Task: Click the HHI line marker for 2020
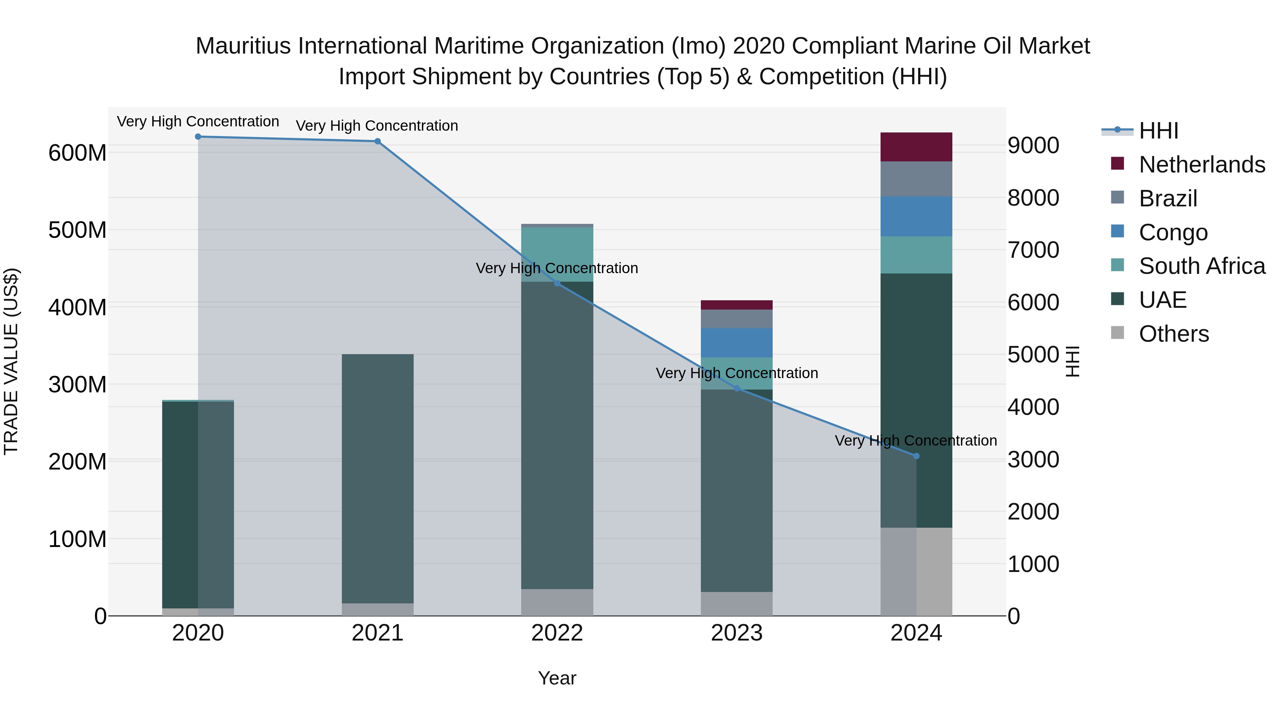coord(198,137)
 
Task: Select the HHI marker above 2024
coord(916,456)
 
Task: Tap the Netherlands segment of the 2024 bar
coord(916,147)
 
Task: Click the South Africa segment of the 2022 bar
coord(557,255)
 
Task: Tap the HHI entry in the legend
coord(1158,131)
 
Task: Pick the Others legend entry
coord(1173,334)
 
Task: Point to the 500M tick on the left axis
coord(78,230)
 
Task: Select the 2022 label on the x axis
coord(557,633)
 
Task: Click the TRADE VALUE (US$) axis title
coord(11,361)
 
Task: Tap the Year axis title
coord(557,678)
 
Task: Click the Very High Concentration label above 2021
coord(377,126)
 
